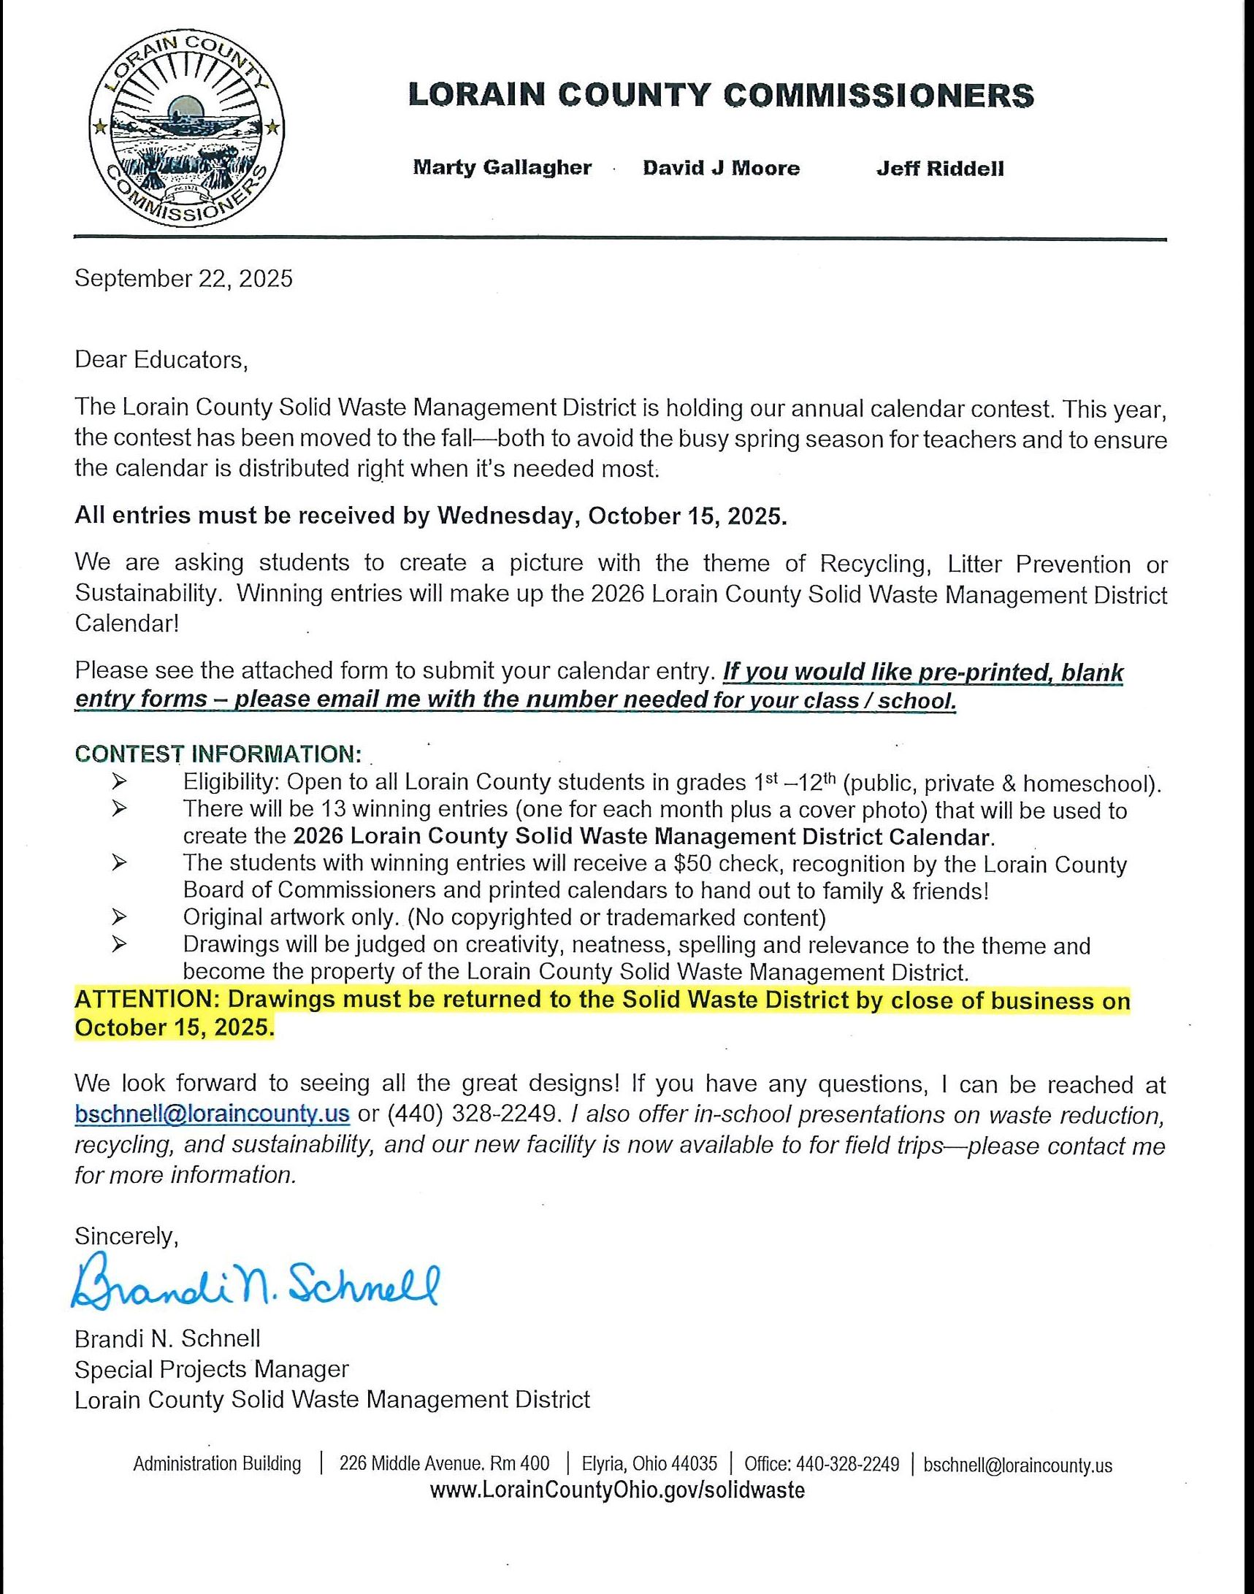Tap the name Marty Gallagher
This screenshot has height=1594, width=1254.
pos(502,168)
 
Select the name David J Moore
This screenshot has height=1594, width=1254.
pos(721,169)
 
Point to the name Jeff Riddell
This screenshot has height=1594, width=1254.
pos(940,169)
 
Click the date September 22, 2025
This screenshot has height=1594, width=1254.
pos(183,279)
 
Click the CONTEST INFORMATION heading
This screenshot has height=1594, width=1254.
pos(218,754)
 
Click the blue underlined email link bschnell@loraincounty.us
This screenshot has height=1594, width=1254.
pos(213,1114)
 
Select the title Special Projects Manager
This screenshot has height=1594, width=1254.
pos(212,1368)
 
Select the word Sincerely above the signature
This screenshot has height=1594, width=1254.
pos(126,1237)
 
